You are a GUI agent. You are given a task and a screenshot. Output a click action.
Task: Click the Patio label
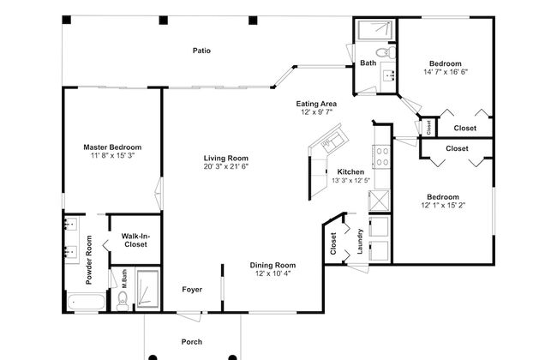(x=201, y=51)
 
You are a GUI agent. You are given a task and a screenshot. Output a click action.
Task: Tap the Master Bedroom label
(x=112, y=147)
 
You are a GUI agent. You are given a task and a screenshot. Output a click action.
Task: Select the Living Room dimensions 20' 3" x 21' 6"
(x=226, y=166)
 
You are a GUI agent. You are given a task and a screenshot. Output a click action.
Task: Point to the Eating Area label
(x=316, y=104)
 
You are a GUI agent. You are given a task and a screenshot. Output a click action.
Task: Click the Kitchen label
(x=350, y=171)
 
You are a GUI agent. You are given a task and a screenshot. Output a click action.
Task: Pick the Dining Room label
(x=273, y=265)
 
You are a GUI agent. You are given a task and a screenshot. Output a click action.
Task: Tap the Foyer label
(x=192, y=290)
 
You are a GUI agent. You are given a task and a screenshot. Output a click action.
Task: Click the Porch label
(x=192, y=342)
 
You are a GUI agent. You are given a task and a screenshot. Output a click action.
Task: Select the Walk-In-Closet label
(x=135, y=240)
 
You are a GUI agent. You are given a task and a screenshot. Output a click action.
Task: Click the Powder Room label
(x=89, y=260)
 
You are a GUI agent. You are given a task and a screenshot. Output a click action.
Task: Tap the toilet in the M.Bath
(x=123, y=301)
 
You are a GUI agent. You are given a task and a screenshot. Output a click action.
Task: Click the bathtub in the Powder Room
(x=86, y=302)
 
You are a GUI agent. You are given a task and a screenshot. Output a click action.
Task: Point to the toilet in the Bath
(x=386, y=52)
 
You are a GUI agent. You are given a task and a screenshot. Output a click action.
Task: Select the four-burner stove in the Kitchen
(x=381, y=157)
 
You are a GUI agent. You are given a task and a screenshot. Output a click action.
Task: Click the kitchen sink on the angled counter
(x=333, y=141)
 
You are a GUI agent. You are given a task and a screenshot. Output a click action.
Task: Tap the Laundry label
(x=360, y=242)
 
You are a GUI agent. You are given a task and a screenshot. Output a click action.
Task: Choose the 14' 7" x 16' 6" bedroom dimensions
(x=446, y=72)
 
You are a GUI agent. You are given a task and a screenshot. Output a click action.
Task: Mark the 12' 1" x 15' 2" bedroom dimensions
(x=443, y=205)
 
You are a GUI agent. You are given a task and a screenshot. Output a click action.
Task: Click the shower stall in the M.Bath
(x=147, y=289)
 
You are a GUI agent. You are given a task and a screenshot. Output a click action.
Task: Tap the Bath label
(x=368, y=63)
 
